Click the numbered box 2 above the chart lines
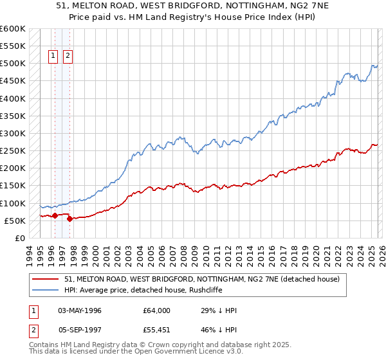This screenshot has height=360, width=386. (68, 56)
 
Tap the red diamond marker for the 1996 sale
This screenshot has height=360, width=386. (55, 216)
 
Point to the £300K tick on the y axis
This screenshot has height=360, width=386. (13, 134)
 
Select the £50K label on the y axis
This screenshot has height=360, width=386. (15, 221)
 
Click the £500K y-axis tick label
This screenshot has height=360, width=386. (13, 64)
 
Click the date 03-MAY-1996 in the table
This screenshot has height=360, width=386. (79, 310)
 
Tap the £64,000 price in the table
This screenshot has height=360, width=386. (157, 310)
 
